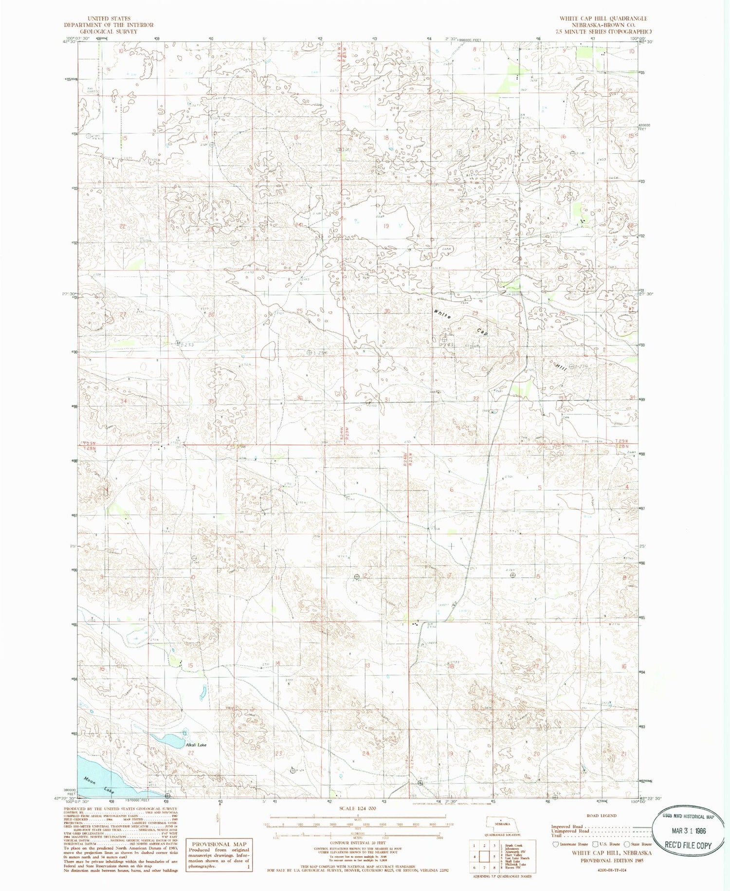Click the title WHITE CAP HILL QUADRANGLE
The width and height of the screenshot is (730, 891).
pyautogui.click(x=603, y=18)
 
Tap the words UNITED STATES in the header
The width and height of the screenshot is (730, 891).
pyautogui.click(x=109, y=18)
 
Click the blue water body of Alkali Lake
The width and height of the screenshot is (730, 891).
pyautogui.click(x=168, y=741)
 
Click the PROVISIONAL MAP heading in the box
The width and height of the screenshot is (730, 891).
pyautogui.click(x=219, y=844)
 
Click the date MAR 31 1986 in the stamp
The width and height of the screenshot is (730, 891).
pyautogui.click(x=688, y=831)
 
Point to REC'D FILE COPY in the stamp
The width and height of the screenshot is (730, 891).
pyautogui.click(x=688, y=845)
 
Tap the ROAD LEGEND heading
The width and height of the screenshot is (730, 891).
pyautogui.click(x=602, y=816)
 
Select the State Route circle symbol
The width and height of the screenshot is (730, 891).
pyautogui.click(x=628, y=844)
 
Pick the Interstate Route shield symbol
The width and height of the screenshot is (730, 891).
pyautogui.click(x=555, y=844)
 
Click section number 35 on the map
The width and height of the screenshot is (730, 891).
pyautogui.click(x=211, y=401)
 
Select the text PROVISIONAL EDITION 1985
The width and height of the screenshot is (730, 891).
pyautogui.click(x=611, y=860)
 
